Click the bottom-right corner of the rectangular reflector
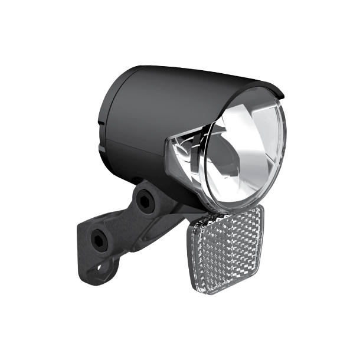click(x=255, y=282)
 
